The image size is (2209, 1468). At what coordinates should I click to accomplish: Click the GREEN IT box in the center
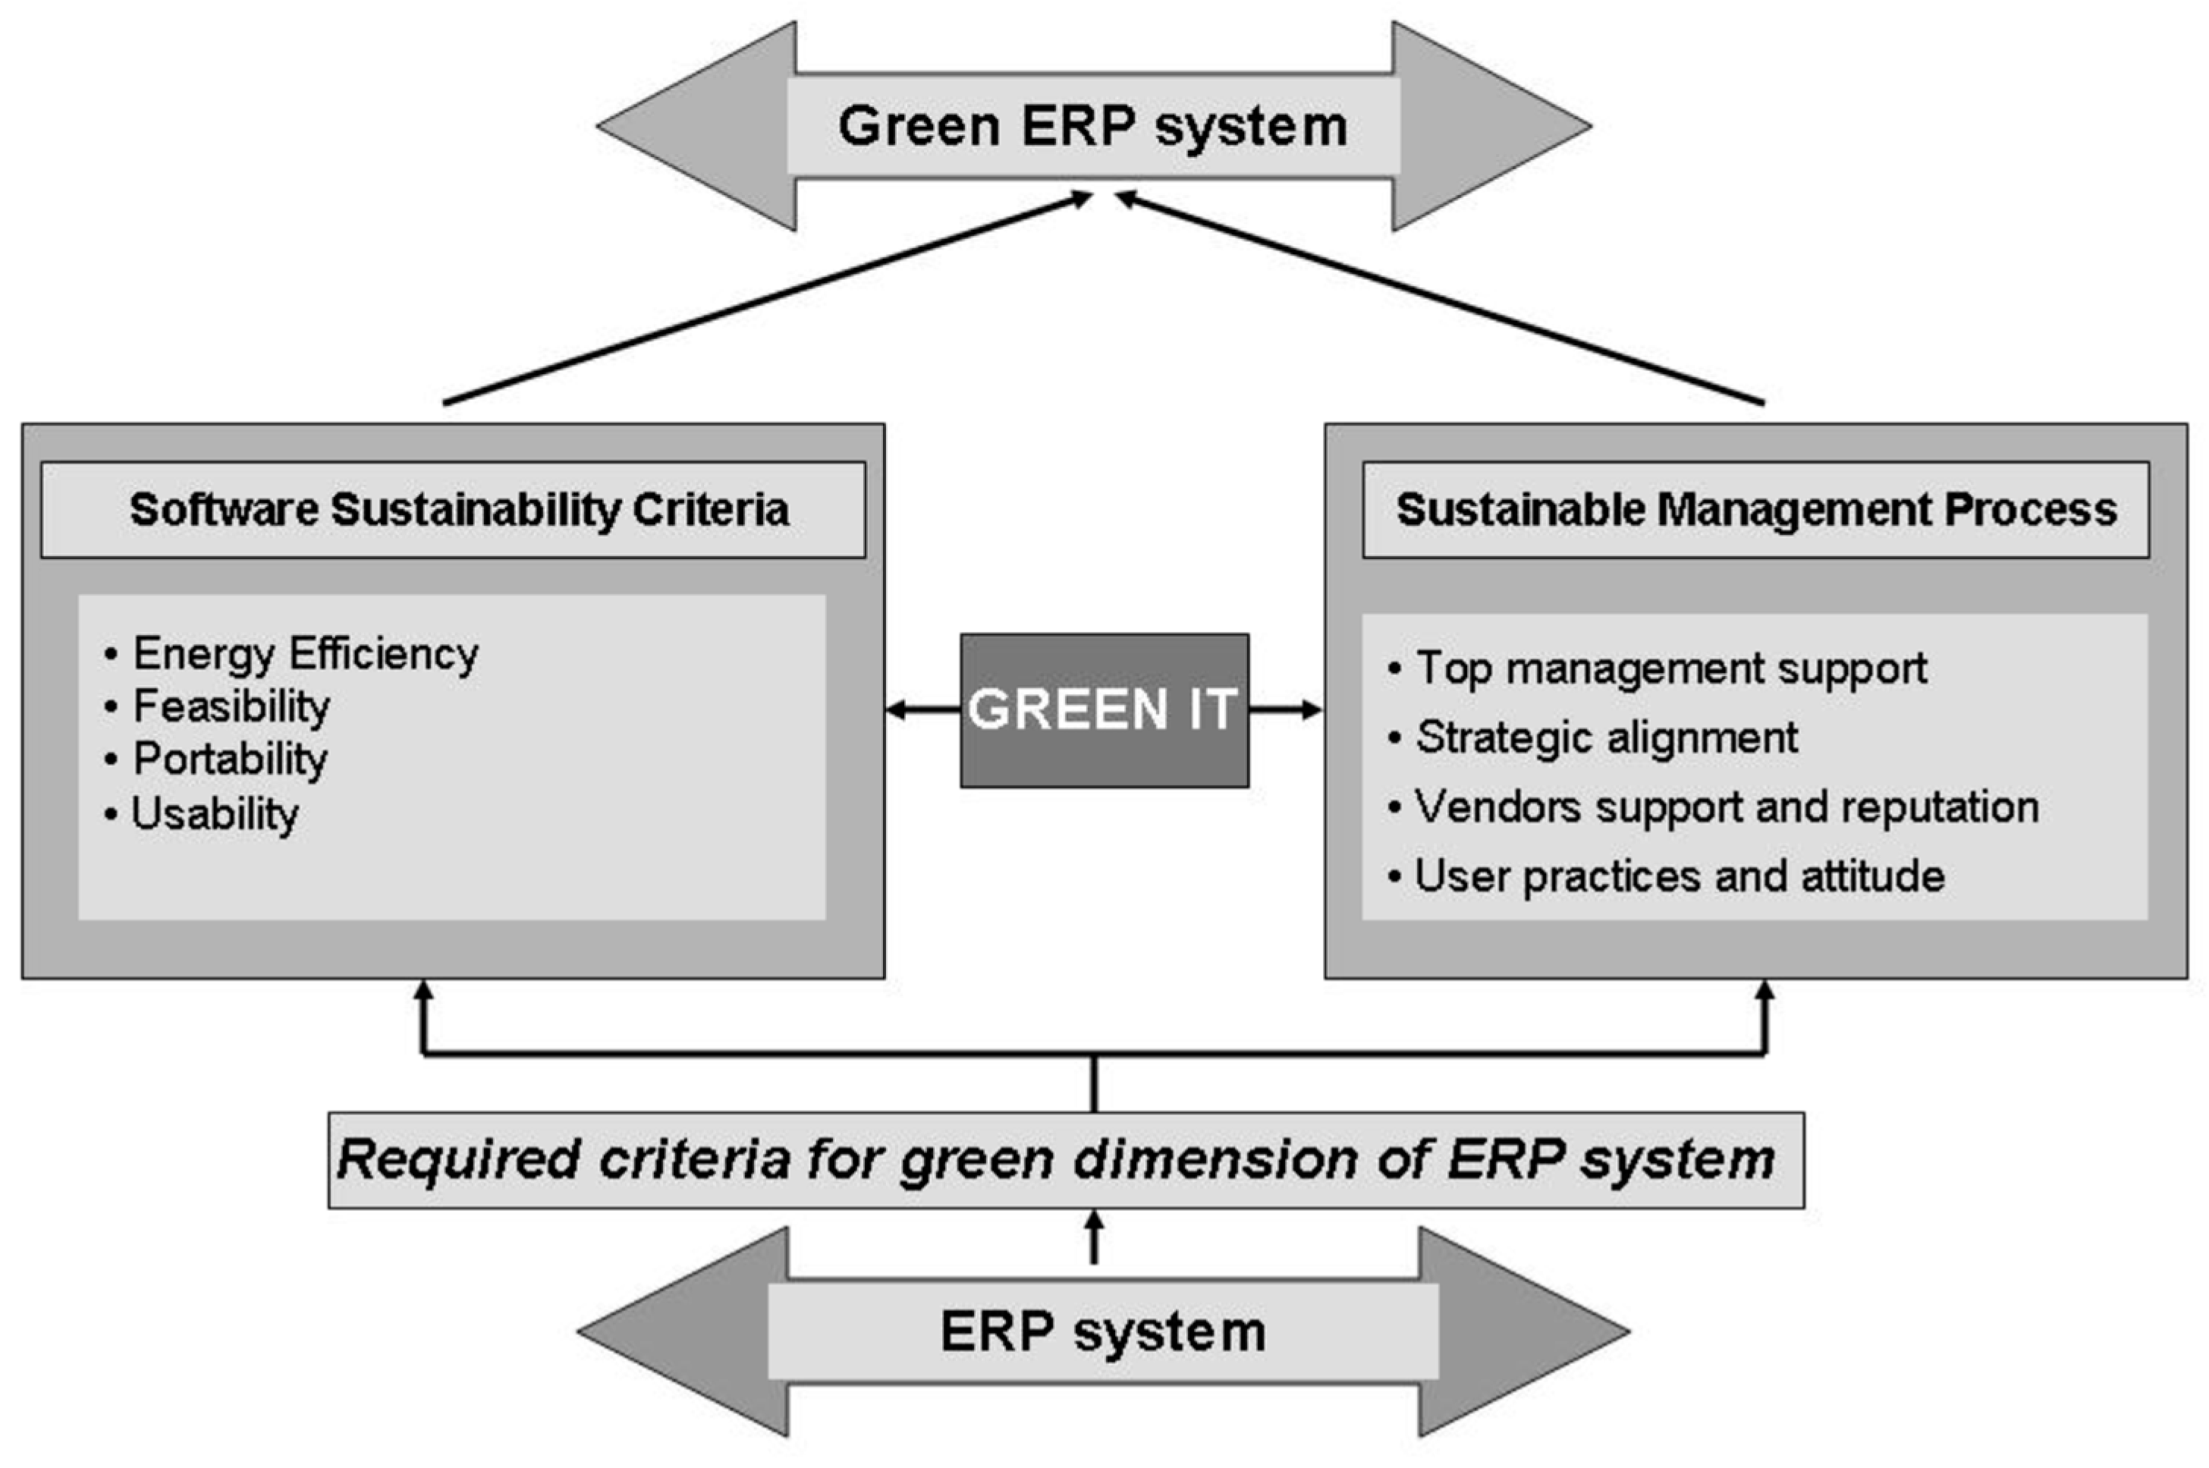point(1104,709)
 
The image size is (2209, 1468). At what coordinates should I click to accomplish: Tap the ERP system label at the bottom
point(1103,1331)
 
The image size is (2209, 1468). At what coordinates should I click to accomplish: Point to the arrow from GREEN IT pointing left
point(922,709)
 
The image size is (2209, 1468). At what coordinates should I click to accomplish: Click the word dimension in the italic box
point(1216,1159)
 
